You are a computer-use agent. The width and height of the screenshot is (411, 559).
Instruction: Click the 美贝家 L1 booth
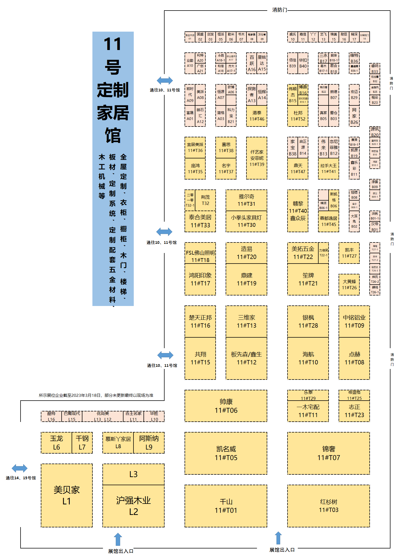[x=66, y=495]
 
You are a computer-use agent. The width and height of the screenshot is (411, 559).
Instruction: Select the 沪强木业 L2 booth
[x=133, y=506]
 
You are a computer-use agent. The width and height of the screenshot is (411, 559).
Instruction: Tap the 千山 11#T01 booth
[x=226, y=506]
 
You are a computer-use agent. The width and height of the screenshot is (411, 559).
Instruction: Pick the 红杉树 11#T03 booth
[x=328, y=506]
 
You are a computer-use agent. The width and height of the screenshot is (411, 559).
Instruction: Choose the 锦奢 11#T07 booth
[x=328, y=453]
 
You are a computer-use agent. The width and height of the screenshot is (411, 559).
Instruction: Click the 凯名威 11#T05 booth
[x=226, y=453]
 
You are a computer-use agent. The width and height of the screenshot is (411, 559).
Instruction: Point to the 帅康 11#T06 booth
[x=226, y=406]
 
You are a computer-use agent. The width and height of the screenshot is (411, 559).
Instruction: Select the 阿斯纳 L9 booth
[x=149, y=442]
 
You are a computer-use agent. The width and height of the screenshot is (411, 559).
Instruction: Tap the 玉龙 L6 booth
[x=56, y=442]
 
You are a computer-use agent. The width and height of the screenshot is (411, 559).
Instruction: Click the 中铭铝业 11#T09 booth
[x=354, y=321]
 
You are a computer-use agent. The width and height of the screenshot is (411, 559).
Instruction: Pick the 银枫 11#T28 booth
[x=308, y=321]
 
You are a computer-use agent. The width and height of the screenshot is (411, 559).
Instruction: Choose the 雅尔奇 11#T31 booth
[x=246, y=200]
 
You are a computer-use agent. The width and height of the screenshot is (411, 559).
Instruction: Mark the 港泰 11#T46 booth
[x=256, y=116]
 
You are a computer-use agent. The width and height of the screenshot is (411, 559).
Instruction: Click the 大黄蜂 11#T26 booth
[x=349, y=284]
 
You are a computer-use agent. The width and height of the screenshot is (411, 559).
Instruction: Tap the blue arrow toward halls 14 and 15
[x=19, y=468]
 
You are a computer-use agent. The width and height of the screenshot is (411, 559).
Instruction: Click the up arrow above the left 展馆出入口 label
[x=118, y=539]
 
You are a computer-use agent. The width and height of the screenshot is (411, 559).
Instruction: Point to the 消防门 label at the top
[x=279, y=10]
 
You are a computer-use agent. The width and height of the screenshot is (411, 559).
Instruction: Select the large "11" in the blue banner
[x=113, y=44]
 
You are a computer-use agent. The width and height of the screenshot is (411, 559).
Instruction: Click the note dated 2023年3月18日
[x=96, y=395]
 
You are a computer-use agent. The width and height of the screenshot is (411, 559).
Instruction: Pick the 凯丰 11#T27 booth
[x=349, y=253]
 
